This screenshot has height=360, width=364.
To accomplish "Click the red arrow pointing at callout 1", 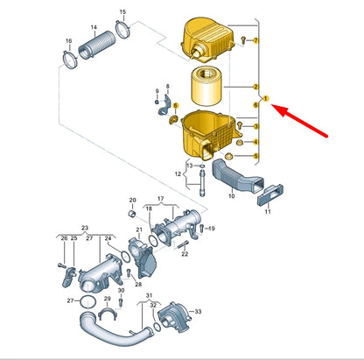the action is point(300,120).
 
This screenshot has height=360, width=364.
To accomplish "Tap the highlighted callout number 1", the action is point(265,99).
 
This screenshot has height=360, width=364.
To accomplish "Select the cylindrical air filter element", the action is point(206,86).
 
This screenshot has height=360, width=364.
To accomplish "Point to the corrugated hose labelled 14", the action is point(97,45).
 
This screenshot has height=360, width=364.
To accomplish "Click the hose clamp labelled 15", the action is point(122,29).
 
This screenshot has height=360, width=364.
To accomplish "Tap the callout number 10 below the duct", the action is point(232,196).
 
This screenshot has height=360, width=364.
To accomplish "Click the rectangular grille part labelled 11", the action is point(269,194).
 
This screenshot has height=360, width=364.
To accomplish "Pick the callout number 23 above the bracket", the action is point(85,228).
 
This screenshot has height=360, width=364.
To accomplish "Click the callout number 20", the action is point(132,201).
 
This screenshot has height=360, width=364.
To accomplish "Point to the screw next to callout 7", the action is point(243,40).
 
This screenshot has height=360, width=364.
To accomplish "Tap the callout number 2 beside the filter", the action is point(255,87).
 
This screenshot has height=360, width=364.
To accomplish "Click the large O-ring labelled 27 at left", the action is point(87,302).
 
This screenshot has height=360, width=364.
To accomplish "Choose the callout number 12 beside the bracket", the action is point(178,174).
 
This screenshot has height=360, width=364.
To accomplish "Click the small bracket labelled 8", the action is point(164,104).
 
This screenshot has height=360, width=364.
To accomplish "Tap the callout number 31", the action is point(150,295).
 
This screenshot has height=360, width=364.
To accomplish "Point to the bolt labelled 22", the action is point(183,244).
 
